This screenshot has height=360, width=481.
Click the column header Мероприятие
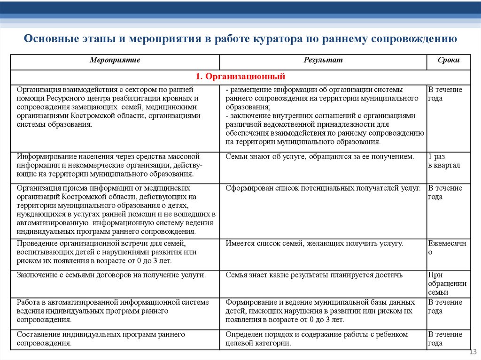[x=115, y=61]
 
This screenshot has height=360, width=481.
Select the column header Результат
[x=323, y=61]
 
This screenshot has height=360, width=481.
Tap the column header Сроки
[x=448, y=61]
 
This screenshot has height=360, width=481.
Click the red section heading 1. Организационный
[x=240, y=76]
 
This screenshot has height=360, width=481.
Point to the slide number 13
[x=473, y=352]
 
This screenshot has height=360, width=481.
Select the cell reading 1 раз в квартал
[x=444, y=161]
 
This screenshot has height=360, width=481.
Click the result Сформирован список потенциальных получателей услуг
[x=323, y=188]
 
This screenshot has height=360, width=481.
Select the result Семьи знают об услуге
[x=319, y=157]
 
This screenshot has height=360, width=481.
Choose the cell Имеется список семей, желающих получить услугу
[x=314, y=244]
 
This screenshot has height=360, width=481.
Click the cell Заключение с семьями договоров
[x=111, y=275]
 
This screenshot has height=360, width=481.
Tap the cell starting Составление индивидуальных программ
[x=101, y=338]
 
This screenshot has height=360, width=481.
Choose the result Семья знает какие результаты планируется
[x=314, y=275]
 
